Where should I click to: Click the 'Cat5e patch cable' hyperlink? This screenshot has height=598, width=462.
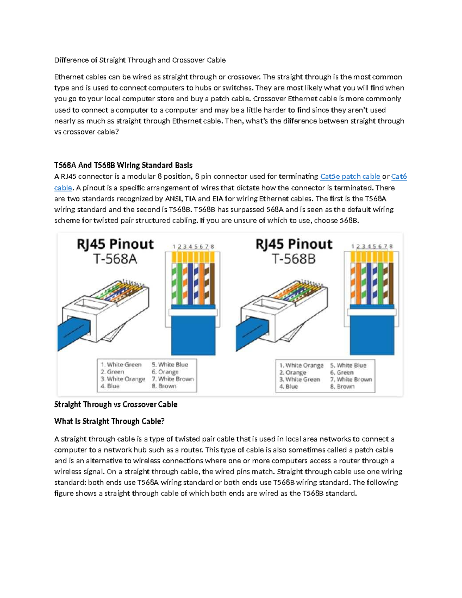click(x=350, y=177)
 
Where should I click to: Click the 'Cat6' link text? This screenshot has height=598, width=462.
click(x=399, y=177)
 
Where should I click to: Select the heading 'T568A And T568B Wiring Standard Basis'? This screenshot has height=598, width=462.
click(x=123, y=166)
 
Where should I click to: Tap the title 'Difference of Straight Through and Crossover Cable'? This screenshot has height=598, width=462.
click(x=140, y=60)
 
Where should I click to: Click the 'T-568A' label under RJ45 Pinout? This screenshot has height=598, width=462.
click(x=115, y=259)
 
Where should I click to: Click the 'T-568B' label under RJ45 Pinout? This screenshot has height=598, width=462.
click(x=294, y=259)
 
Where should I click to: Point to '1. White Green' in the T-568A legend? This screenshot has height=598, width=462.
click(x=121, y=365)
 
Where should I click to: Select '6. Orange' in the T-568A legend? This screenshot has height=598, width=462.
click(x=165, y=372)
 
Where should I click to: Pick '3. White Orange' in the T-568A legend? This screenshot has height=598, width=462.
click(x=123, y=379)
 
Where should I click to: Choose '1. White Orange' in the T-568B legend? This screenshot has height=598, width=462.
click(x=301, y=365)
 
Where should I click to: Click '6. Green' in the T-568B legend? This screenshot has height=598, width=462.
click(x=341, y=372)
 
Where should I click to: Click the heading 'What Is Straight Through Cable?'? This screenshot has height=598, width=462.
click(x=109, y=421)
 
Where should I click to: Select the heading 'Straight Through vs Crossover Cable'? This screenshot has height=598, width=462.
click(x=115, y=404)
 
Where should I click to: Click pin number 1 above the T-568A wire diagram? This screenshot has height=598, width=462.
click(x=174, y=246)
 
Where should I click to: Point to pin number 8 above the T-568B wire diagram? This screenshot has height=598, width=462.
click(x=391, y=246)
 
